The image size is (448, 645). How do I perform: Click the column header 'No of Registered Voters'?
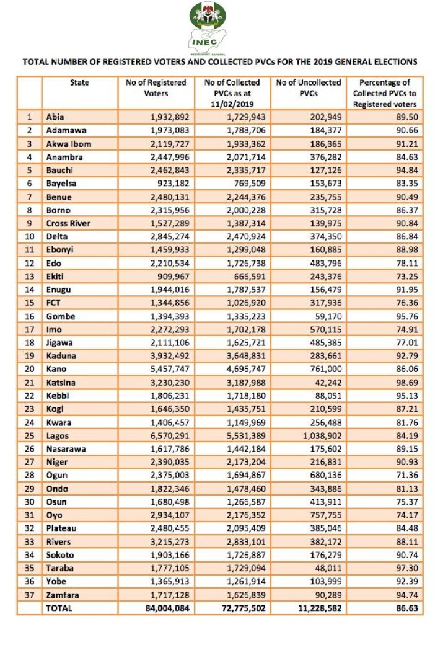pyautogui.click(x=156, y=87)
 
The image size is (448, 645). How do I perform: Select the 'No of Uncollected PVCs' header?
pyautogui.click(x=309, y=87)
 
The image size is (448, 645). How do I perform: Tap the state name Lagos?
pyautogui.click(x=57, y=436)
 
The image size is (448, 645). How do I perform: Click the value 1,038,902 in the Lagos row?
pyautogui.click(x=317, y=436)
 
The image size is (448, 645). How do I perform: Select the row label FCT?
pyautogui.click(x=53, y=303)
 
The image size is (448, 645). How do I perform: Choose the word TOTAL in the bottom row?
pyautogui.click(x=59, y=608)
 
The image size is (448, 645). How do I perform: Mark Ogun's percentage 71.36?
pyautogui.click(x=406, y=476)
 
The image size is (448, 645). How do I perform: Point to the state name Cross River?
pyautogui.click(x=68, y=223)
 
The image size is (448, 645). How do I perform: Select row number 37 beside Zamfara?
pyautogui.click(x=29, y=595)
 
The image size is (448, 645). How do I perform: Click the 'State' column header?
pyautogui.click(x=79, y=82)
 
